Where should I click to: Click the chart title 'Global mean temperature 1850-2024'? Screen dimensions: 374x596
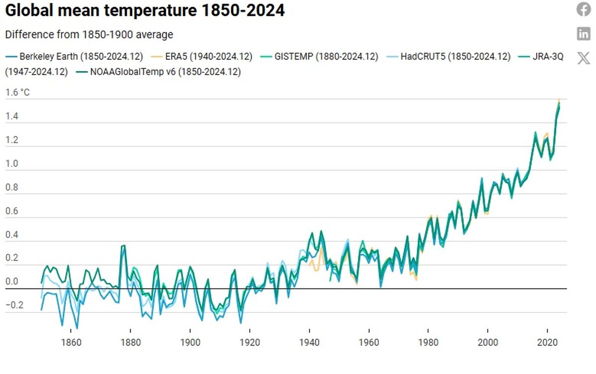coord(145,10)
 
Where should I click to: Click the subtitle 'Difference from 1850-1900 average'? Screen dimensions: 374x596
coord(89,35)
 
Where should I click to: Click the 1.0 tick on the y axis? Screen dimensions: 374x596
coord(12,163)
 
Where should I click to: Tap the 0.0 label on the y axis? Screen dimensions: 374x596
coord(12,282)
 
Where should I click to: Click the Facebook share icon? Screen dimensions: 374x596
coord(584,9)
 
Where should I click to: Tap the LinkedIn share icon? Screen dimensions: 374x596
coord(584,34)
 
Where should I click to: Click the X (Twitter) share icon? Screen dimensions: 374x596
coord(584,58)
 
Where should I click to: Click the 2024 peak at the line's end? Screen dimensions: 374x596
coord(559,101)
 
